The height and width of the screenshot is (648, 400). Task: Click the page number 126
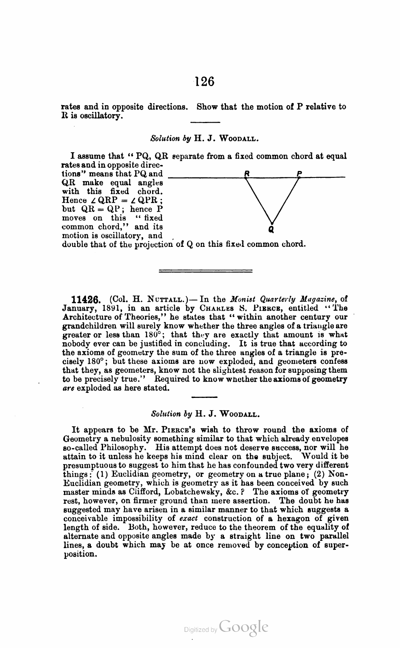(x=204, y=81)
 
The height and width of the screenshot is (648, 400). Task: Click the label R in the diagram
(x=246, y=173)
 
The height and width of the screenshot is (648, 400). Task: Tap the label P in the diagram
(x=299, y=173)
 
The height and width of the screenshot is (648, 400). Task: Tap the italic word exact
(x=189, y=518)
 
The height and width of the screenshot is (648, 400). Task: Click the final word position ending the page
(x=80, y=554)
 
